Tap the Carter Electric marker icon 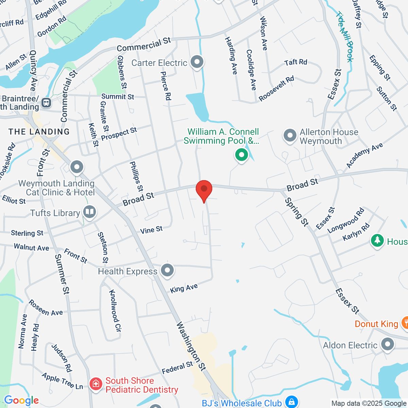[x=197, y=62]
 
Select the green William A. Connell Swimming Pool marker [x=241, y=155]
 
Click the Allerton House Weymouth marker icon [x=290, y=136]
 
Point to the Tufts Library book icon [x=90, y=212]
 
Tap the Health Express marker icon [x=167, y=271]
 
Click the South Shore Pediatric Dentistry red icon [x=96, y=384]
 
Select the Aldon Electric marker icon [x=387, y=344]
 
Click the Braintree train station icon [x=46, y=102]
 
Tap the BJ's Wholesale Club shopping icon [x=291, y=402]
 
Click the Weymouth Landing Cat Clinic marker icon [x=77, y=167]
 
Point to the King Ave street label [x=184, y=289]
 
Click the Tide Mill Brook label [x=345, y=37]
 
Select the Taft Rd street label [x=295, y=62]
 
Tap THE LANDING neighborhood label [x=39, y=132]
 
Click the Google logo [x=21, y=401]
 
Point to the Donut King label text [x=376, y=324]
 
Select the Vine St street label [x=151, y=230]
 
